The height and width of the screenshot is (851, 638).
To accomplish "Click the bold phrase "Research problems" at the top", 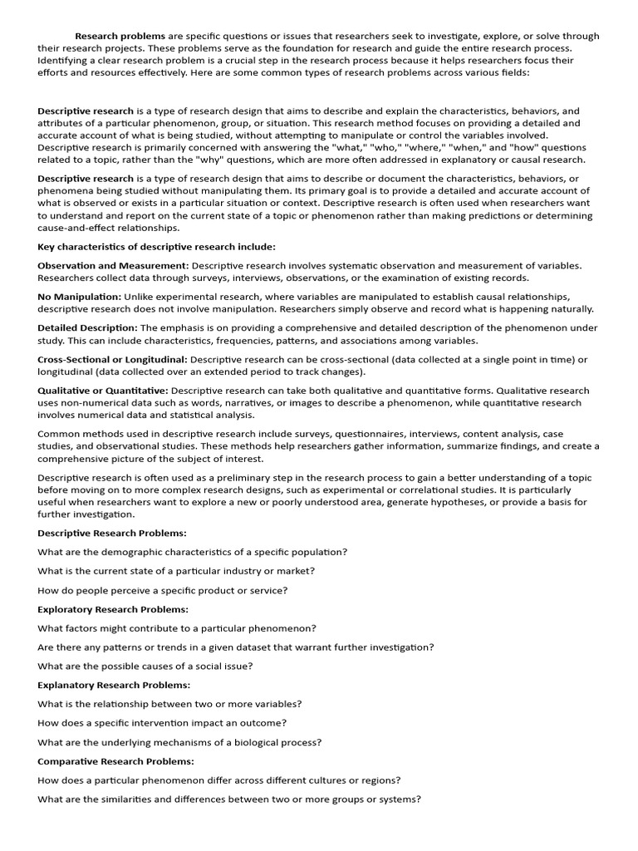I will [120, 37].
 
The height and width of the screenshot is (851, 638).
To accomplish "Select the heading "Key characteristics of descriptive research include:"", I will [156, 247].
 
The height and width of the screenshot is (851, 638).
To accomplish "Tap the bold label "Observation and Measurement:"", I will [113, 266].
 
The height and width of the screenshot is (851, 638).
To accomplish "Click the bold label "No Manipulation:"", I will [79, 297].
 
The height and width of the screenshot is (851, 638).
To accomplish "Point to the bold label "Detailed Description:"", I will [87, 328].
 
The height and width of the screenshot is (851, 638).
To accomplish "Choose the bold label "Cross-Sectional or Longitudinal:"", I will [113, 360].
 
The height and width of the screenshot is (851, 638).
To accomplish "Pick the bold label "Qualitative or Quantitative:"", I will [103, 391].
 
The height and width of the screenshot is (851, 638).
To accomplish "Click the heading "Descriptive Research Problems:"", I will [112, 533].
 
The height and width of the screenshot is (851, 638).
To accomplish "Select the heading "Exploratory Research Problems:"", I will [113, 609].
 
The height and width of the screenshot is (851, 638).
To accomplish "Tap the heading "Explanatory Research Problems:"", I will [114, 686].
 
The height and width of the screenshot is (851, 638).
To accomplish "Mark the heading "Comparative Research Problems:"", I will [115, 761].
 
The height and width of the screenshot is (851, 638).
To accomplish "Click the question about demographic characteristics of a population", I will [193, 552].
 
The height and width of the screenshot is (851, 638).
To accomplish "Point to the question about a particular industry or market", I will [176, 571].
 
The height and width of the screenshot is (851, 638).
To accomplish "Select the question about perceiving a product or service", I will [163, 590].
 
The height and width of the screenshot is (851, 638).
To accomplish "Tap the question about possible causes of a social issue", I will [145, 667].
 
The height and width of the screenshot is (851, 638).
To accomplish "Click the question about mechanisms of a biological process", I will [179, 742].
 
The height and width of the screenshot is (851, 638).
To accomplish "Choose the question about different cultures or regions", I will [219, 780].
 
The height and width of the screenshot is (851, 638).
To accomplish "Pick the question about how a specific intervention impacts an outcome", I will [162, 723].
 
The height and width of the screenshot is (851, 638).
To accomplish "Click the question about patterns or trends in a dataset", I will [235, 647].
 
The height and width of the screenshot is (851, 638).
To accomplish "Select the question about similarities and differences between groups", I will [229, 799].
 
